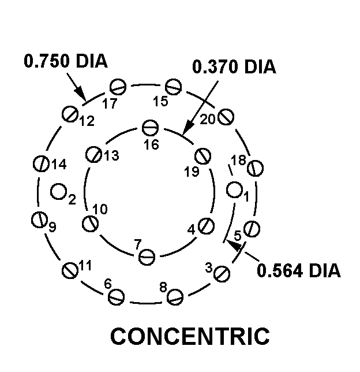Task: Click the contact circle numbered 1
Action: pyautogui.click(x=234, y=189)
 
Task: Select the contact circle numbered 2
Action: pyautogui.click(x=58, y=191)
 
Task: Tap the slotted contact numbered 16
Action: pyautogui.click(x=150, y=127)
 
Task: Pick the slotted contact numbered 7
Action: pyautogui.click(x=148, y=255)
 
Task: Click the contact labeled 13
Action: pyautogui.click(x=93, y=154)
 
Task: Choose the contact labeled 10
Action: pyautogui.click(x=89, y=223)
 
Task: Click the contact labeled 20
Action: pyautogui.click(x=226, y=117)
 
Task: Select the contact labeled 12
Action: pyautogui.click(x=70, y=114)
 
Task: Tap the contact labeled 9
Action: pyautogui.click(x=39, y=219)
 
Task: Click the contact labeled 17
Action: pyautogui.click(x=118, y=88)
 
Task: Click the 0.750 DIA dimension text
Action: pyautogui.click(x=65, y=61)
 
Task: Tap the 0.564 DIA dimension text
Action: pyautogui.click(x=299, y=270)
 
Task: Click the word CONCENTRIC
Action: pyautogui.click(x=189, y=336)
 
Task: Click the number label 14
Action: pyautogui.click(x=59, y=164)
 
